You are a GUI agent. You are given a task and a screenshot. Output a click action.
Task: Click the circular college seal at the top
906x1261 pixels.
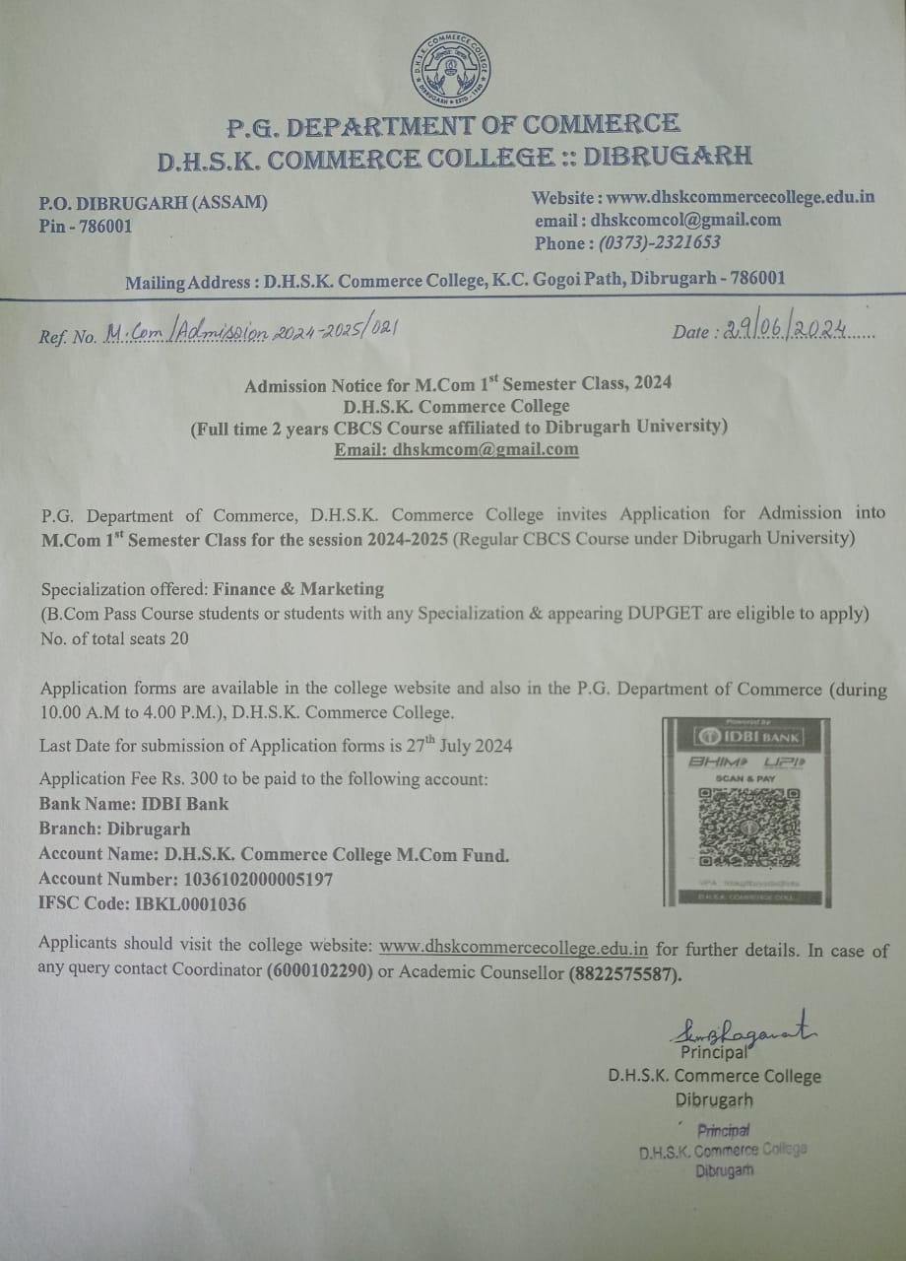pyautogui.click(x=452, y=70)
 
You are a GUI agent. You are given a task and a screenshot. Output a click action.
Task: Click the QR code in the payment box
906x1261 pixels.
pyautogui.click(x=748, y=825)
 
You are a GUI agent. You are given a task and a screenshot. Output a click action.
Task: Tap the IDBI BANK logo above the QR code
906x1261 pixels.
pyautogui.click(x=747, y=737)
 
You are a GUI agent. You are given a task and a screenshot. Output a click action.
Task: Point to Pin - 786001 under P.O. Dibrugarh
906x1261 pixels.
pyautogui.click(x=86, y=226)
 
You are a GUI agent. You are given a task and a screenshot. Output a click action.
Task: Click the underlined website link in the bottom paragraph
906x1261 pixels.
pyautogui.click(x=513, y=949)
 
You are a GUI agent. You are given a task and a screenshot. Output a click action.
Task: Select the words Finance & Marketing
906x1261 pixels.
pyautogui.click(x=298, y=589)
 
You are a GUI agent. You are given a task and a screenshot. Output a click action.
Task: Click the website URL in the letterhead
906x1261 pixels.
pyautogui.click(x=741, y=197)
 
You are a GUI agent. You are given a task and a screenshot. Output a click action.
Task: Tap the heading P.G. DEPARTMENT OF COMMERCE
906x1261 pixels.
pyautogui.click(x=452, y=126)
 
